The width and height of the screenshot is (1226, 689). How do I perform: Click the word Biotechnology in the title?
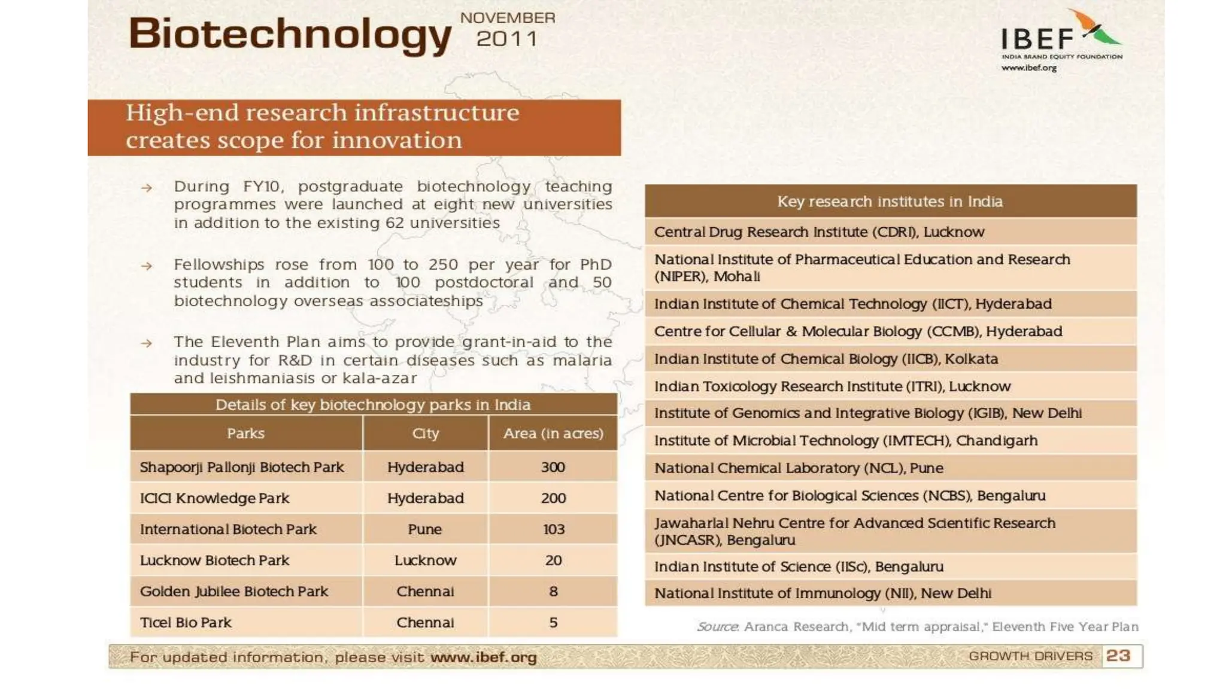click(290, 35)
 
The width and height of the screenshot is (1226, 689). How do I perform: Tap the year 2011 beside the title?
click(507, 39)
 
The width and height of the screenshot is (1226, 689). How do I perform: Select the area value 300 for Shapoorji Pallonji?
click(553, 467)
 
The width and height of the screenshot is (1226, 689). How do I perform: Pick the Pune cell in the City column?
click(425, 529)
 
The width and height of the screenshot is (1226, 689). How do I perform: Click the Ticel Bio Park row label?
click(186, 623)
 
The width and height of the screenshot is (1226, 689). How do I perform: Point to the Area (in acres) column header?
click(553, 434)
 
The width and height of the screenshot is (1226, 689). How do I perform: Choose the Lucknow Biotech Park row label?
click(214, 560)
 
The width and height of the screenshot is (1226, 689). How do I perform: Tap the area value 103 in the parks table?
click(554, 529)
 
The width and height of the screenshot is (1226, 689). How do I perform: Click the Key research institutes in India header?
click(890, 202)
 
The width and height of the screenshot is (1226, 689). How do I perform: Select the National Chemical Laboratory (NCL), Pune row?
click(799, 468)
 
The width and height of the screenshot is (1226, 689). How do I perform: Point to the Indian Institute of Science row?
click(799, 566)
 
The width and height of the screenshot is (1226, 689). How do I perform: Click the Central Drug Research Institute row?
click(819, 232)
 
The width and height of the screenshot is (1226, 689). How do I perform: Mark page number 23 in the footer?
click(1118, 656)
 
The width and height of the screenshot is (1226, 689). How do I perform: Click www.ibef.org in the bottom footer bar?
click(484, 657)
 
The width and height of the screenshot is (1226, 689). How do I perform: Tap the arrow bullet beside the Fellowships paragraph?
click(147, 266)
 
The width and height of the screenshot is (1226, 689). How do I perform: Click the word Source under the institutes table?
click(717, 627)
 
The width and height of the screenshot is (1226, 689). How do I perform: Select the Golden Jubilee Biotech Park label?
click(234, 592)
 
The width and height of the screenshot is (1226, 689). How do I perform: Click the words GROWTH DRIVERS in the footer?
click(1030, 656)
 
